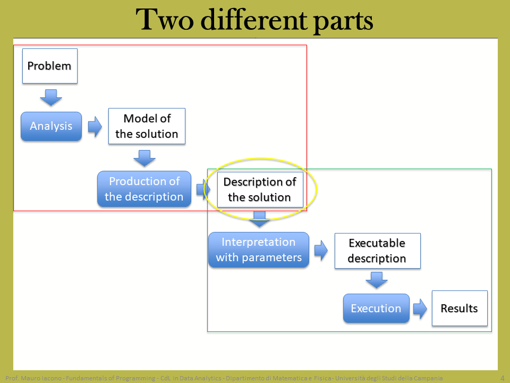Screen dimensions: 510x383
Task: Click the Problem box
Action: pos(50,66)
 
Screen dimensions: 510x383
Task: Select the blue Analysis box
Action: pos(51,127)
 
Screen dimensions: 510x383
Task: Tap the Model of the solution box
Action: pos(147,126)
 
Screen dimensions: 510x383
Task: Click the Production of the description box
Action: pos(144,189)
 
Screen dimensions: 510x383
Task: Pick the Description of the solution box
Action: pos(260,189)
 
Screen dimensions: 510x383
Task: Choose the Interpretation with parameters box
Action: pos(259,250)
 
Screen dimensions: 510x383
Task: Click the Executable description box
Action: pos(377,251)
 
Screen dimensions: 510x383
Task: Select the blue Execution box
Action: pos(376,309)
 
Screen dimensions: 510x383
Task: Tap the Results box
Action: pos(460,308)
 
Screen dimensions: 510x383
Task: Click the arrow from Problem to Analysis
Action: pos(51,97)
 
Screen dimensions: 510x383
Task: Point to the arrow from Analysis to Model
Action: pos(95,127)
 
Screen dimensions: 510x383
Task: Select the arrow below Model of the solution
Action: pos(144,159)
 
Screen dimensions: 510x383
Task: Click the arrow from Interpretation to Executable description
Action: pos(321,251)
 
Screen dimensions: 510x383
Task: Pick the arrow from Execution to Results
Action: pos(420,309)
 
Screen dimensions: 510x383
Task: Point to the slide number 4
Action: pos(502,378)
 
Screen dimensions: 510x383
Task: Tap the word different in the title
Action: pos(254,20)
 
